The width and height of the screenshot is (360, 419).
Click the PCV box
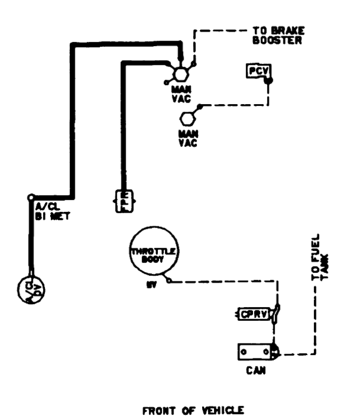point(257,72)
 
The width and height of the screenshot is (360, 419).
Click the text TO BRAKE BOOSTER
point(278,37)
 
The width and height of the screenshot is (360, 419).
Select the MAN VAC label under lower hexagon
point(187,138)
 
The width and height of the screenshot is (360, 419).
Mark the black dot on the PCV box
point(269,81)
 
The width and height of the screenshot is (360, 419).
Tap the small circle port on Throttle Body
point(170,280)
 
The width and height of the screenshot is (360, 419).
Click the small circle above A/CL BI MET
point(31,198)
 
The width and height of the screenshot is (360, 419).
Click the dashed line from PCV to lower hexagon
point(239,105)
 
